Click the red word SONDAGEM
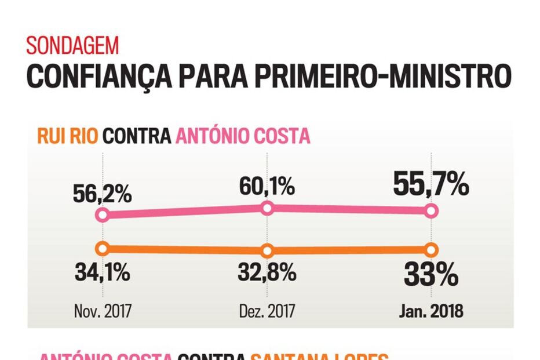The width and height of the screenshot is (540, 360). [72, 45]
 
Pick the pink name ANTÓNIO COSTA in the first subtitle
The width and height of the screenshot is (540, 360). [243, 136]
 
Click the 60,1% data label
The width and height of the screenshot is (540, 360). [267, 187]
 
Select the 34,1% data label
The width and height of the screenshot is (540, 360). [103, 272]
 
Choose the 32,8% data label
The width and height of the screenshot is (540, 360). [267, 272]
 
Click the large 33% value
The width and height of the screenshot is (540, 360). [431, 276]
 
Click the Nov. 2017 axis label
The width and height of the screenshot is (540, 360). [103, 311]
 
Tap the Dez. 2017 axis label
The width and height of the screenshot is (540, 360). [267, 311]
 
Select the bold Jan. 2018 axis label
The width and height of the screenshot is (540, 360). [431, 311]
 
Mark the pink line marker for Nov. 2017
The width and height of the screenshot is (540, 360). [103, 215]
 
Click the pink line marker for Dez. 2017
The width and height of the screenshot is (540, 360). [267, 208]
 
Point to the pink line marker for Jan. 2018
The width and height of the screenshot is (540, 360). [431, 211]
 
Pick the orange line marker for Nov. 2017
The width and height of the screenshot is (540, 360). [103, 249]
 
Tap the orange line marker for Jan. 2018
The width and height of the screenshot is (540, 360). [431, 250]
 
